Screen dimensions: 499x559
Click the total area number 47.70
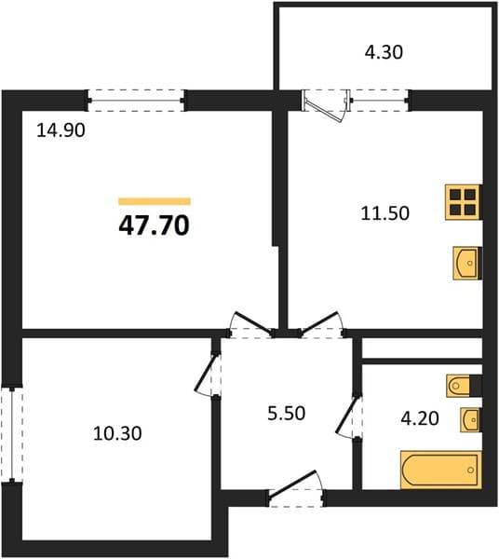click(x=154, y=225)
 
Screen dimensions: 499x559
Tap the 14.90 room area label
click(x=61, y=130)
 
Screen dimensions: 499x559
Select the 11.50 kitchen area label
click(x=385, y=213)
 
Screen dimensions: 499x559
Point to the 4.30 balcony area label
click(x=384, y=52)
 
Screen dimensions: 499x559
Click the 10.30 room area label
click(x=117, y=433)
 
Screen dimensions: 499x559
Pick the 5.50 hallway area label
click(x=287, y=414)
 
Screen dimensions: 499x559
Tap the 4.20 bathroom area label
click(x=420, y=418)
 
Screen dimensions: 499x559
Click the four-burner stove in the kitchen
click(x=463, y=202)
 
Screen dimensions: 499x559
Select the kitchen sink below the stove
click(x=467, y=263)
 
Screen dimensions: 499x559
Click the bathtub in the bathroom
click(x=441, y=470)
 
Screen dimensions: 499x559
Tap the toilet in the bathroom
click(x=464, y=386)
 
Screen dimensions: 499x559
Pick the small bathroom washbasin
click(x=470, y=419)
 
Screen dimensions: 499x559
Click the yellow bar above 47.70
click(x=155, y=201)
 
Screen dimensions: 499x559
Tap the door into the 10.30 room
click(x=208, y=374)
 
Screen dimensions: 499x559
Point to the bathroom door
click(x=349, y=416)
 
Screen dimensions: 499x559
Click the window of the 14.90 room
click(x=136, y=101)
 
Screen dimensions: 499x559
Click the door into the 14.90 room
click(x=251, y=325)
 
